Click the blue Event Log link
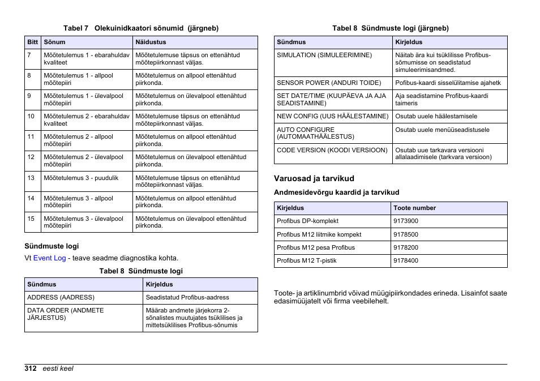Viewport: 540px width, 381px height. (49, 258)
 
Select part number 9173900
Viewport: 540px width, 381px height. (406, 221)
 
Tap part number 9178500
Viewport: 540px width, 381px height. (406, 234)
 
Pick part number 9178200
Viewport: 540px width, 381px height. (406, 247)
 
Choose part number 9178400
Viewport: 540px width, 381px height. (406, 261)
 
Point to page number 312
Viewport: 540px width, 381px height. (31, 369)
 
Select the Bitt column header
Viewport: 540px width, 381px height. (32, 42)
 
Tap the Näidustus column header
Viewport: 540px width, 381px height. (151, 42)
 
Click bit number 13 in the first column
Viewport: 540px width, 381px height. (31, 178)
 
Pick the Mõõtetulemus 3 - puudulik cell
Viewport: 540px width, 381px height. (81, 178)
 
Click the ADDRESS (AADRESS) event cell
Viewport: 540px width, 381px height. (61, 297)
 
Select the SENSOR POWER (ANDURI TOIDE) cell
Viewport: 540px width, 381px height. (329, 83)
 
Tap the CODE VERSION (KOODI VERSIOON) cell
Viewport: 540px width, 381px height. (332, 150)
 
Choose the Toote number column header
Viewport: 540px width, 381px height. (414, 208)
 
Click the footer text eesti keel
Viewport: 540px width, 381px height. (58, 369)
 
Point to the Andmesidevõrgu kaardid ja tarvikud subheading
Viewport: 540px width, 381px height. (336, 192)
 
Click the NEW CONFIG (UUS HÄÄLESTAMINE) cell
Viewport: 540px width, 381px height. (332, 116)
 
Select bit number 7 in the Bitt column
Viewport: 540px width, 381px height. (29, 55)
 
